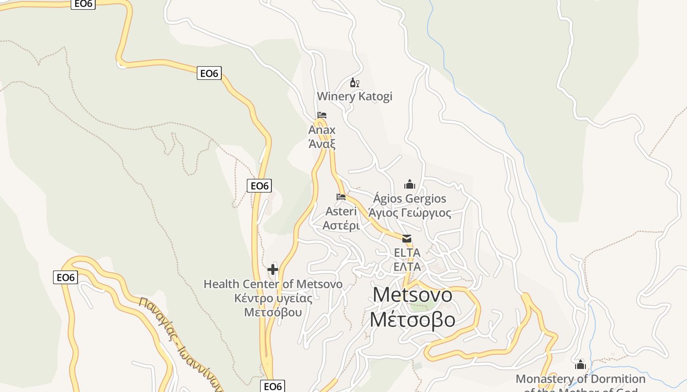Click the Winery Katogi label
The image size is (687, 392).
[x=354, y=96]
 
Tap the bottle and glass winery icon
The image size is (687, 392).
[x=354, y=83]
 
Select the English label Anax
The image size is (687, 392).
[x=322, y=130]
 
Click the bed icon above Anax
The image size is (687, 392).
[x=322, y=116]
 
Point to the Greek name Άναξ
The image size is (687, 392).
[x=322, y=144]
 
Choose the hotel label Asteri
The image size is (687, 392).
[x=341, y=211]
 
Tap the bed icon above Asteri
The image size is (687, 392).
[x=341, y=197]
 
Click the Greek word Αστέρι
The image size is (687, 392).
[x=341, y=226]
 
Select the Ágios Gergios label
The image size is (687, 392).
[x=410, y=198]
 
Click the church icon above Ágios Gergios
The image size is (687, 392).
[x=410, y=184]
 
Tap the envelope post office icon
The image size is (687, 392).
[x=407, y=239]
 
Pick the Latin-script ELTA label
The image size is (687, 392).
[x=407, y=253]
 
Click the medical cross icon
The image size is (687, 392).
[x=273, y=269]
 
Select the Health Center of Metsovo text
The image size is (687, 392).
[x=273, y=284]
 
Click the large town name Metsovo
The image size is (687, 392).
[x=412, y=295]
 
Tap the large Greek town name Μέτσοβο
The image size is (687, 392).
[x=412, y=319]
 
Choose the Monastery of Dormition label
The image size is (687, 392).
[x=581, y=379]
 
